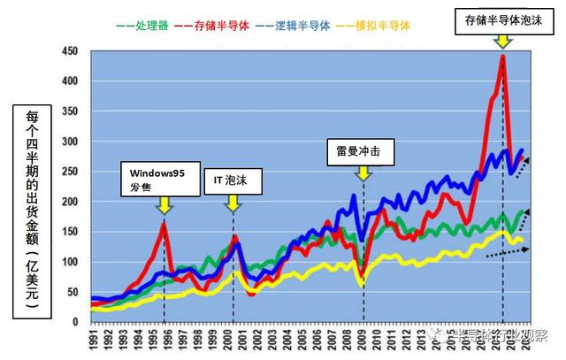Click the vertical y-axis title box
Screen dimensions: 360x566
(x=30, y=210)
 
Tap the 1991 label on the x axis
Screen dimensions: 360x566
(x=93, y=339)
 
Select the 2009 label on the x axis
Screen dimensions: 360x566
(x=363, y=339)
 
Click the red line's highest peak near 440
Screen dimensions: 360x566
(x=502, y=57)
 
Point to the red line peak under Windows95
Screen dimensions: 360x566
(x=164, y=223)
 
